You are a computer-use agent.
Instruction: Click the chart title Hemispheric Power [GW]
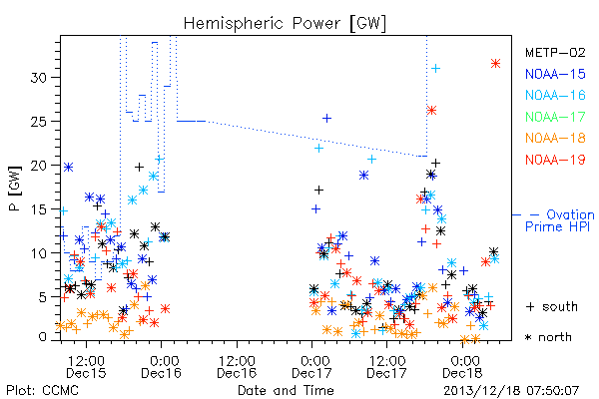[x=285, y=24]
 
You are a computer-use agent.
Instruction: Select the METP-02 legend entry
[x=555, y=52]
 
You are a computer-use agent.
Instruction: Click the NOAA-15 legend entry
[x=555, y=74]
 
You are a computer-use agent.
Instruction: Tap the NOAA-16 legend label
[x=555, y=95]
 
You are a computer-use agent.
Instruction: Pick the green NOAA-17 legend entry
[x=555, y=117]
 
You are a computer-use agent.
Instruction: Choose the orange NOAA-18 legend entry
[x=555, y=138]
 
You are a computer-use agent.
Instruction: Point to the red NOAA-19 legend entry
[x=555, y=160]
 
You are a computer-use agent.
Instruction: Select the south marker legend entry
[x=552, y=306]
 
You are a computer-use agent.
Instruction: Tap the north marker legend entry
[x=548, y=337]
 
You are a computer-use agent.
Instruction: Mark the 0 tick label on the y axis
[x=43, y=337]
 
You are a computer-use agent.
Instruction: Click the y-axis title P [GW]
[x=15, y=189]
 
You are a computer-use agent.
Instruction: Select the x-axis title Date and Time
[x=286, y=390]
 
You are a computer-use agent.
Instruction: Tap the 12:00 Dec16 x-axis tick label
[x=237, y=367]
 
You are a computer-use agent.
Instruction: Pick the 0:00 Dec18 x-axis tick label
[x=462, y=367]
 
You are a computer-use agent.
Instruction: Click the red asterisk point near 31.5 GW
[x=495, y=64]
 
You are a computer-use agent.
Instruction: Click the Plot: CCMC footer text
[x=43, y=390]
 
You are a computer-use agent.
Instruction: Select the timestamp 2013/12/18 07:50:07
[x=511, y=391]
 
